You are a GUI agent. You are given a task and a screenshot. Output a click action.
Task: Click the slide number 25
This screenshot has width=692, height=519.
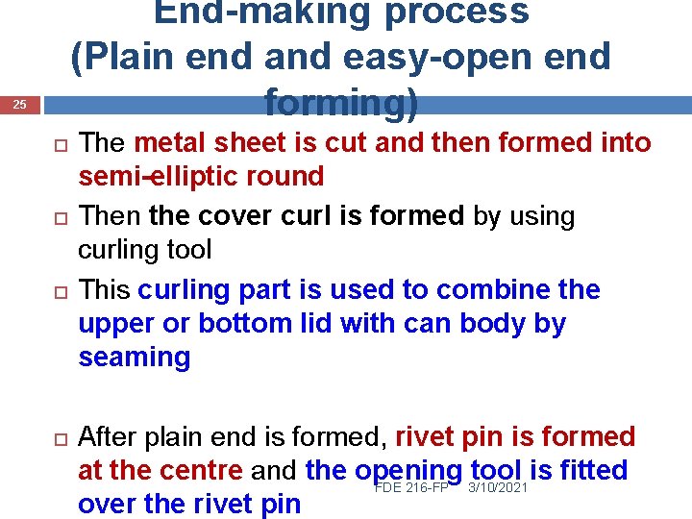pos(23,105)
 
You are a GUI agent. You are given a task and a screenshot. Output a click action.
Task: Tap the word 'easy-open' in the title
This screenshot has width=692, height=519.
pos(445,58)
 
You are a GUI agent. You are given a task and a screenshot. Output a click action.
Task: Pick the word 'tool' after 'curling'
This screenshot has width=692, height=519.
pos(188,250)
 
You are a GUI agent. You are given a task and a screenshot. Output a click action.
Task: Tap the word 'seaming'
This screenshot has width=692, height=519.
pos(134,358)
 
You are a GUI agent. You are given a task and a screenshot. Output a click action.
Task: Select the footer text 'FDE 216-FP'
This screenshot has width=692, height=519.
pos(412,487)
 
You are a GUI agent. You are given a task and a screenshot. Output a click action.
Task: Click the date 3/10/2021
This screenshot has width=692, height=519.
pos(497,487)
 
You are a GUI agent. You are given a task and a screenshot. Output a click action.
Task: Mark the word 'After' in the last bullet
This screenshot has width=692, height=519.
pos(106,437)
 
